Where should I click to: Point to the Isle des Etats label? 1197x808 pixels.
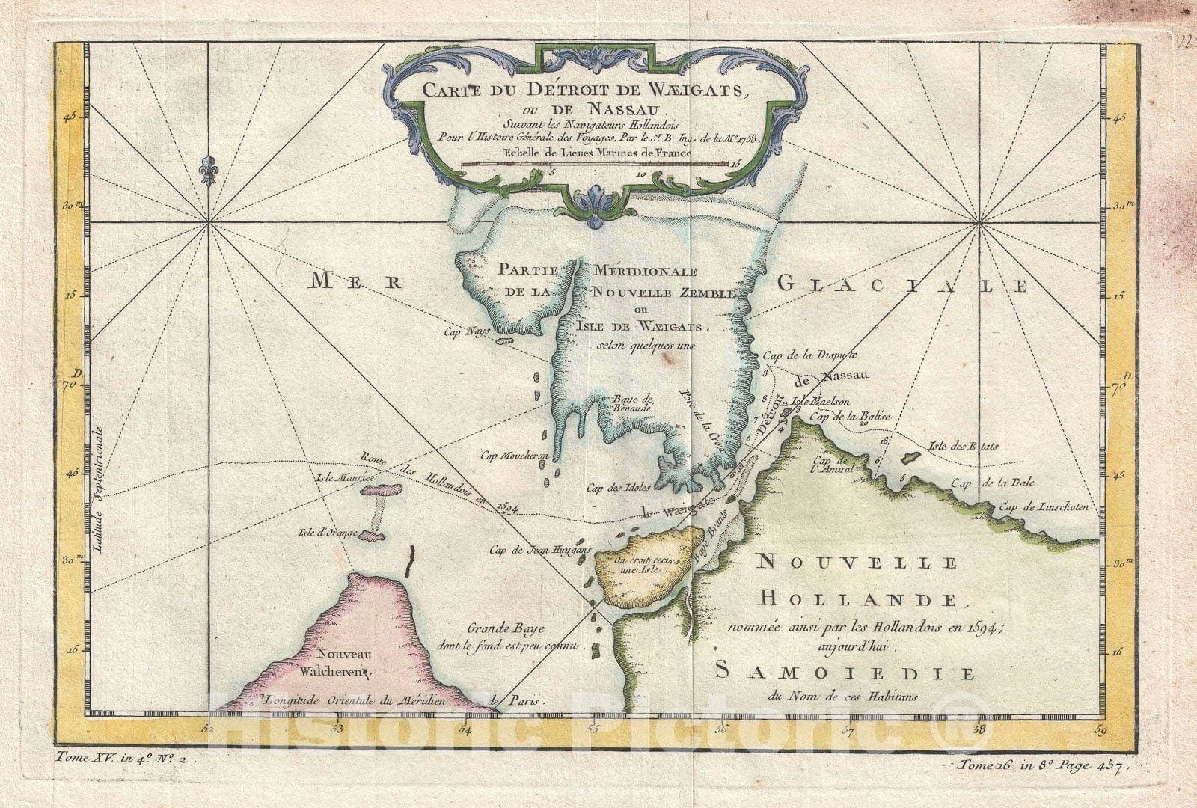coord(962,447)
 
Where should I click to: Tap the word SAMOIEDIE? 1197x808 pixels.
coord(844,673)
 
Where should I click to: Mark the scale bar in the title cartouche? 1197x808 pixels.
coord(595,164)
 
